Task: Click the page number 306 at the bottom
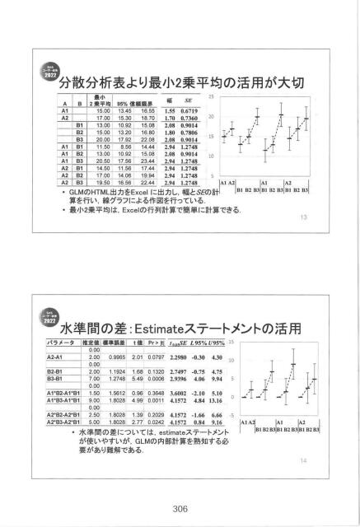coord(180,508)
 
